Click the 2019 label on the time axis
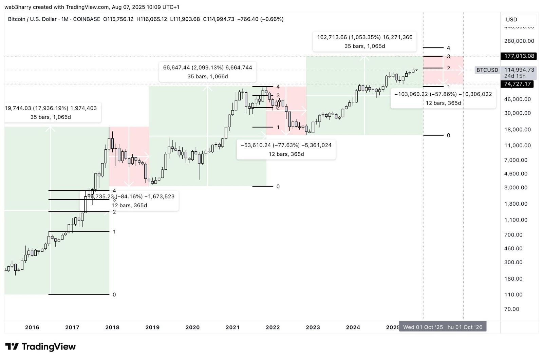152,327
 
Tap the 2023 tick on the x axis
313,327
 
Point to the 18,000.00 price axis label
517,130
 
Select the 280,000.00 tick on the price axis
519,41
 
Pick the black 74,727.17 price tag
517,84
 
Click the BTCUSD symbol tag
487,70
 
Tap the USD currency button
511,20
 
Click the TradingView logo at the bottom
40,347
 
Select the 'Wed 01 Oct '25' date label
423,327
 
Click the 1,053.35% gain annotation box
364,42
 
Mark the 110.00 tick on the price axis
513,295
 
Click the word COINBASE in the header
87,19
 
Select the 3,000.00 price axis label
516,188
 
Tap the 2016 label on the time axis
32,327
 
